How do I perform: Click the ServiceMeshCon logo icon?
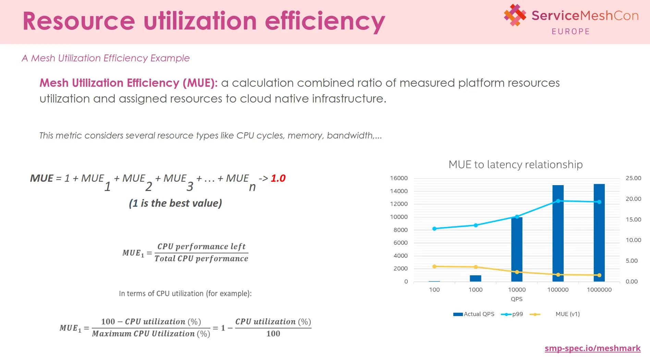coord(515,15)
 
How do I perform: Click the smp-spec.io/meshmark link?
coord(592,348)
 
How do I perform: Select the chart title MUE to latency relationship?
coord(515,165)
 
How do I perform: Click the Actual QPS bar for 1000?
coord(475,278)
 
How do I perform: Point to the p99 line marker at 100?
coord(434,229)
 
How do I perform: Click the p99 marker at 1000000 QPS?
coord(599,202)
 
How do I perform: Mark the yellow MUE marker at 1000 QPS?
coord(476,267)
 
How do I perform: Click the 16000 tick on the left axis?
coord(399,178)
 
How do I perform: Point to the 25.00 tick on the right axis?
coord(633,178)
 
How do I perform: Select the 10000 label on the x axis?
coord(517,290)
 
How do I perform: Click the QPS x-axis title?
coord(517,299)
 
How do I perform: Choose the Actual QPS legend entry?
coord(474,314)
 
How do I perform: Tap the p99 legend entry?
coord(513,314)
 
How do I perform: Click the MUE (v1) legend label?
coord(567,314)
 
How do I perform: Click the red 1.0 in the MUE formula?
coord(278,178)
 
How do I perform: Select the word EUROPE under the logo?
coord(571,32)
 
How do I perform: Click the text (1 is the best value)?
coord(175,203)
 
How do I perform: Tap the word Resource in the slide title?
coord(79,21)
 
